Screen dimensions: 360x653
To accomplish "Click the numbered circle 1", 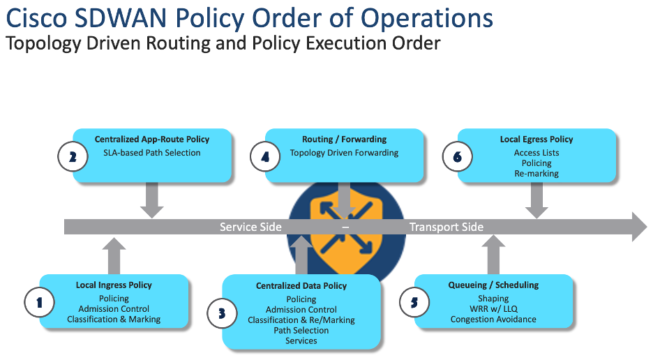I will coord(40,302).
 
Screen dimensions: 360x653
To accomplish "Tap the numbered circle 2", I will coord(73,157).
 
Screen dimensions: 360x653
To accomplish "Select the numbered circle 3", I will coord(222,313).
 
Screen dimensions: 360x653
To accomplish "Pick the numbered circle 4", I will coord(265,157).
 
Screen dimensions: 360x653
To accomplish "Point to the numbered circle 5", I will coord(414,302).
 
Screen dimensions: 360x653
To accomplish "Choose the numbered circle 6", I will coord(458,157).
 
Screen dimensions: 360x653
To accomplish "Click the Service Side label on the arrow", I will coord(250,227).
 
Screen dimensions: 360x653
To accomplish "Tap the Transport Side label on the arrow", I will coord(446,227).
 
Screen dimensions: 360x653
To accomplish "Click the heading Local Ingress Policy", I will coord(114,285).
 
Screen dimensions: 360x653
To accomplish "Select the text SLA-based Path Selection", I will coord(152,153).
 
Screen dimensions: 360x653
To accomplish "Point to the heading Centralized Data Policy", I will coord(301,286).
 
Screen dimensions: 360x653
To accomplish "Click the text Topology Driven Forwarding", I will coord(344,153).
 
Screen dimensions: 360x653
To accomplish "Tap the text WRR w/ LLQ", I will coord(493,309).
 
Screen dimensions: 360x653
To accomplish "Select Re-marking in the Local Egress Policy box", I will coord(536,173).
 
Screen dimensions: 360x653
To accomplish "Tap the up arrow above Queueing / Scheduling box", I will coord(494,255).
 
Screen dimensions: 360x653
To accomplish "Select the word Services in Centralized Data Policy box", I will coord(301,340).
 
